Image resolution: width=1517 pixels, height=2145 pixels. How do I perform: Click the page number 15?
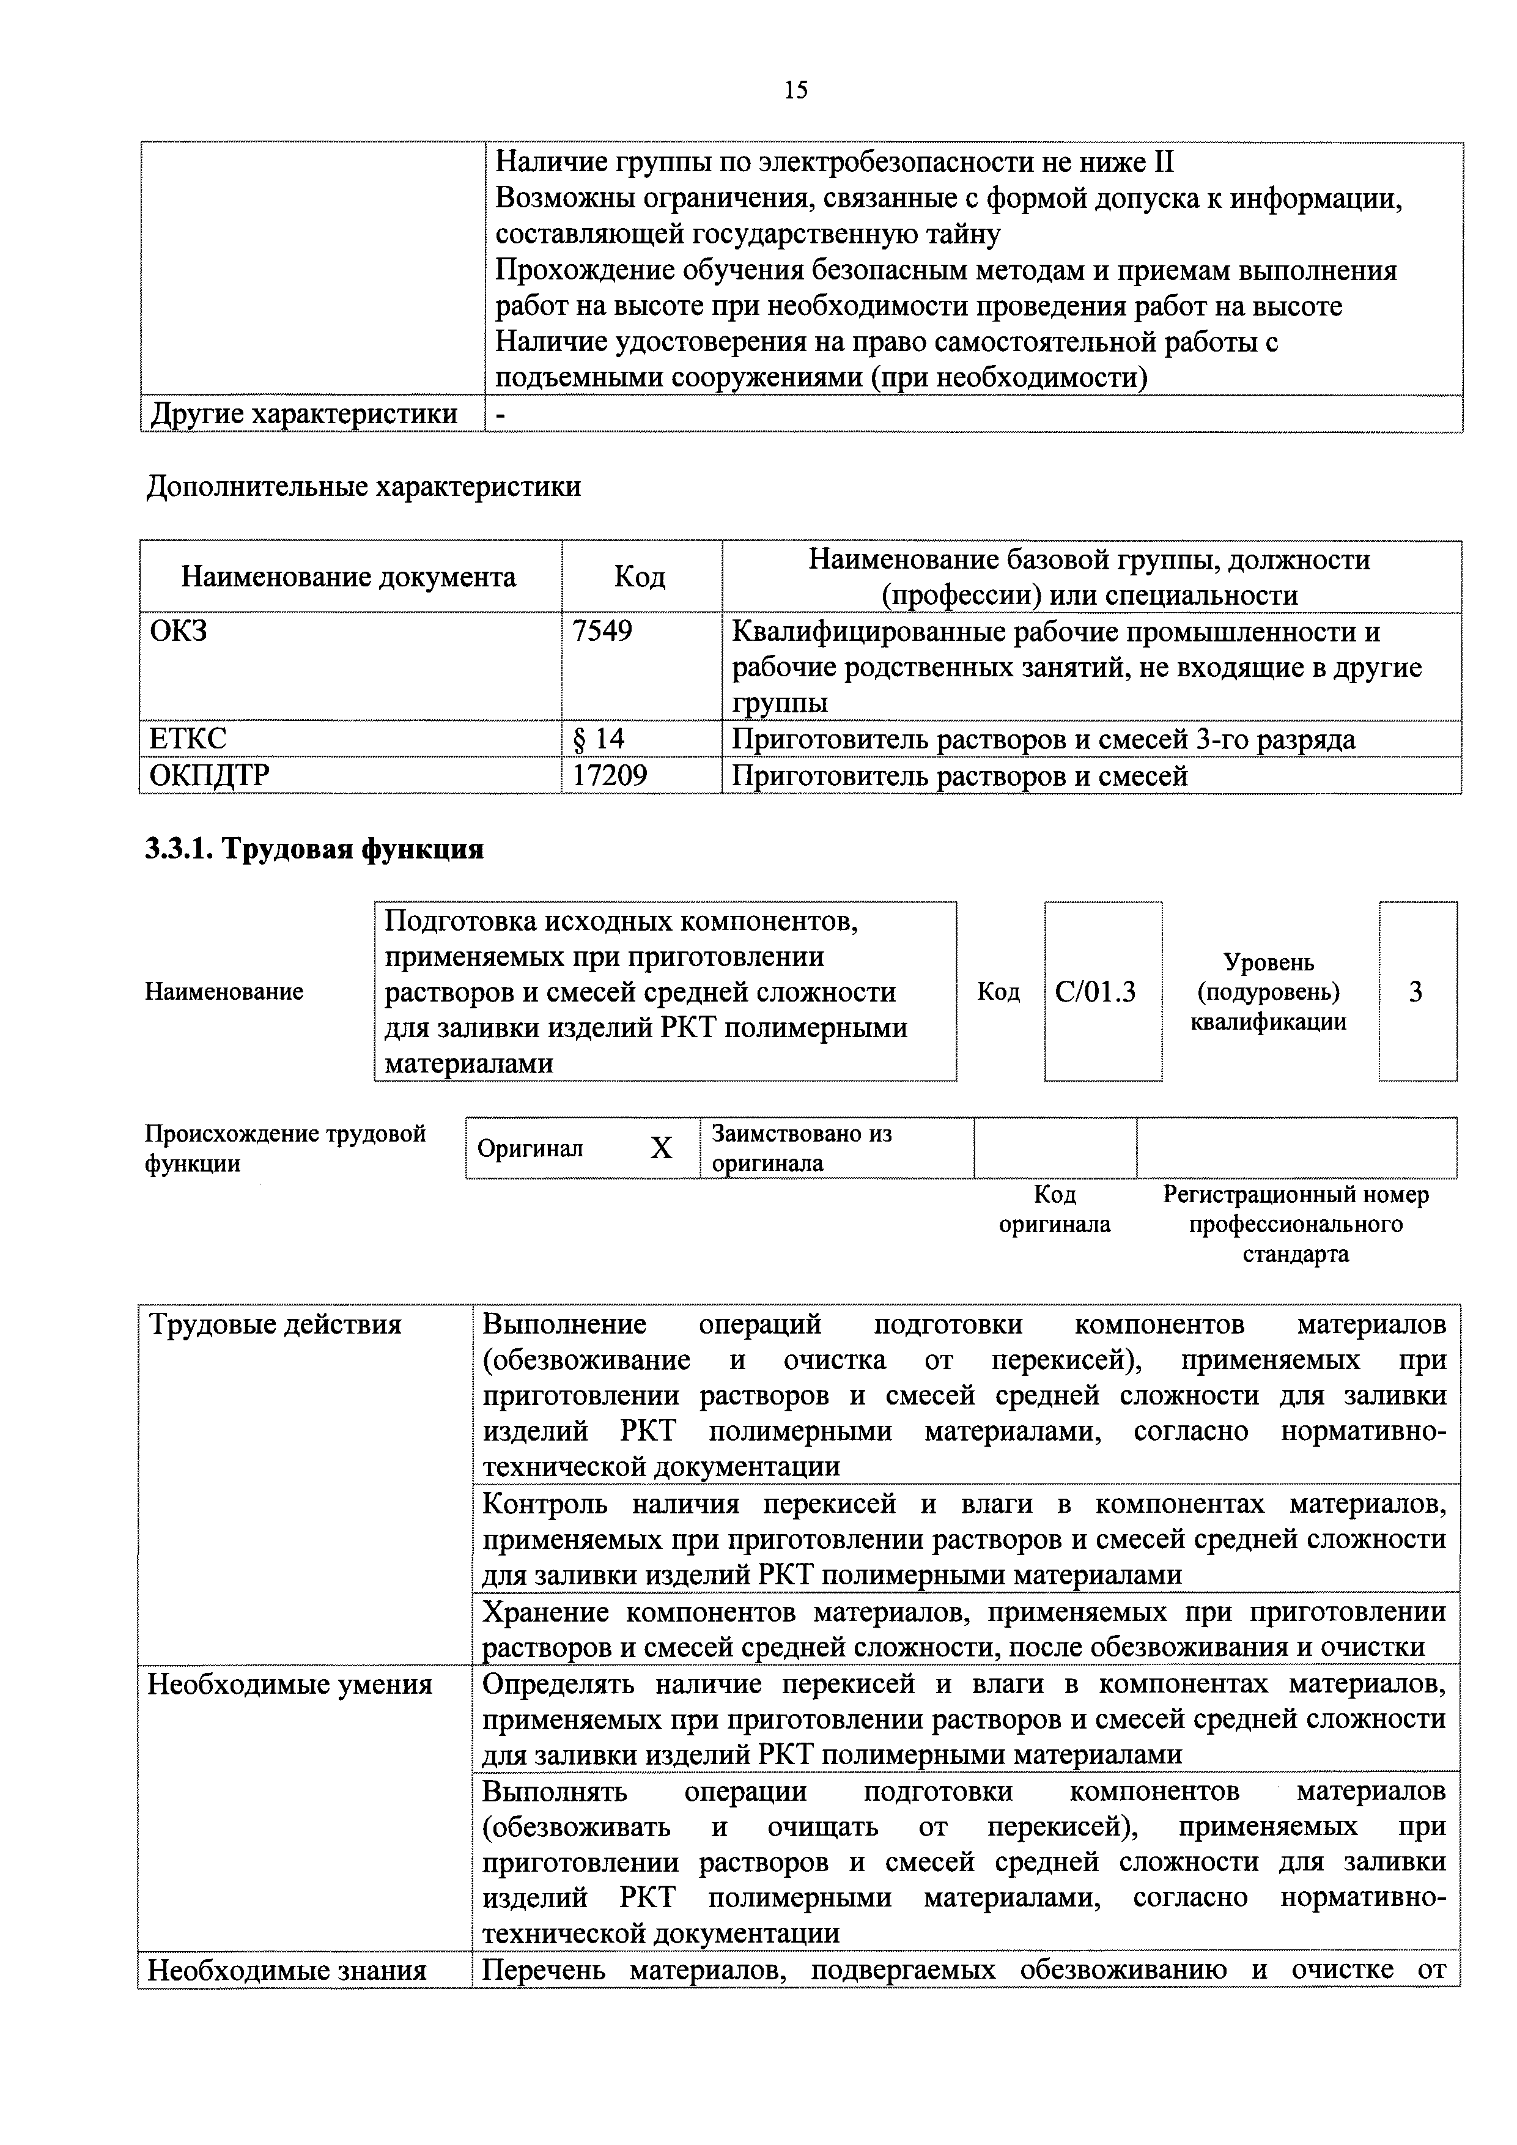[796, 90]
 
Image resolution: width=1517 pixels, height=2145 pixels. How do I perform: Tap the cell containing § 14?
[598, 739]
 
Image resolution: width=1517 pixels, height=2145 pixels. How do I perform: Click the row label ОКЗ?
[179, 632]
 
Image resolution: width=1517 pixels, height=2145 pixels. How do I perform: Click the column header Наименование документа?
[349, 577]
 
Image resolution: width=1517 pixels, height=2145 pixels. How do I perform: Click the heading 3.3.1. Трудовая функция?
[315, 849]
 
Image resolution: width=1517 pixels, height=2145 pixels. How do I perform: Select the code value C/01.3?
[1096, 991]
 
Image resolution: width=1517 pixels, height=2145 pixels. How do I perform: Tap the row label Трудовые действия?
[276, 1325]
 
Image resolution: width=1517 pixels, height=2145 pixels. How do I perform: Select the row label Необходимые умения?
[290, 1685]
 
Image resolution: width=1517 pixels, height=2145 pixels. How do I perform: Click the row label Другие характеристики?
[305, 414]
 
